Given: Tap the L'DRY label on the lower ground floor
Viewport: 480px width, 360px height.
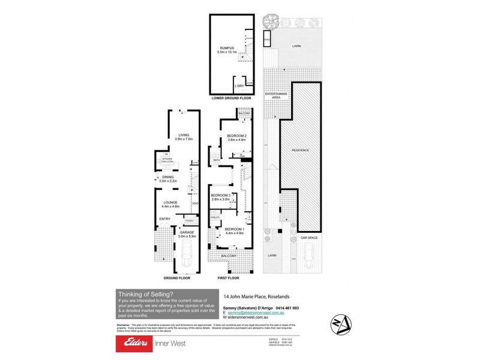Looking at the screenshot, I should pyautogui.click(x=238, y=85).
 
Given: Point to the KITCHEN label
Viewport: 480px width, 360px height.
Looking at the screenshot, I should pyautogui.click(x=167, y=159).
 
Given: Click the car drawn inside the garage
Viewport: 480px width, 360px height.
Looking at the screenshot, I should pyautogui.click(x=185, y=259).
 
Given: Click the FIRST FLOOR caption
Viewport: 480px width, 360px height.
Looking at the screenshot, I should pyautogui.click(x=229, y=278).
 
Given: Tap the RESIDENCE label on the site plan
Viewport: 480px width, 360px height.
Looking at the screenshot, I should pyautogui.click(x=300, y=149).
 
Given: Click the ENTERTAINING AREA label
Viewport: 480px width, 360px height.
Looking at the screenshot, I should pyautogui.click(x=277, y=95).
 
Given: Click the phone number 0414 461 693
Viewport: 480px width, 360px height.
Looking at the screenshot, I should pyautogui.click(x=285, y=308).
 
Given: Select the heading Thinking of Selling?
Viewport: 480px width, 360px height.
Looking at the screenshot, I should pyautogui.click(x=146, y=294).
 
